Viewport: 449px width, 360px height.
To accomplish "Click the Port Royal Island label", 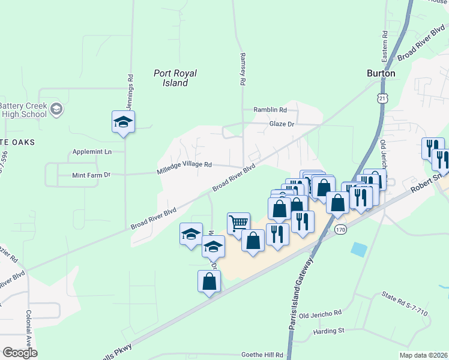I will (175, 78).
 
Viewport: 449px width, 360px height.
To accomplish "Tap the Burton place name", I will (381, 73).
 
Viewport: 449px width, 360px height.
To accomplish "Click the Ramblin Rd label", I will (270, 110).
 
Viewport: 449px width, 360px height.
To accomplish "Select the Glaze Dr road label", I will (281, 124).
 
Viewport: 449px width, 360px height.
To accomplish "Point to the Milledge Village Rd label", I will (185, 164).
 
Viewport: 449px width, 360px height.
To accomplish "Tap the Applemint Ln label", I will (92, 152).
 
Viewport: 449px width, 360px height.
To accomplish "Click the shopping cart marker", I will (238, 223).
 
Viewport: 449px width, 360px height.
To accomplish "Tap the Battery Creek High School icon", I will (56, 109).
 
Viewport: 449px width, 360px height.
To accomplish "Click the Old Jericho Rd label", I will (320, 314).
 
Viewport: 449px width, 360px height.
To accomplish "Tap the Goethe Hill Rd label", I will (262, 355).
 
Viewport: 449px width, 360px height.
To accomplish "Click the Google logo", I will (20, 353).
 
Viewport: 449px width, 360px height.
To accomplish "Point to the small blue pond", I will (360, 248).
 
